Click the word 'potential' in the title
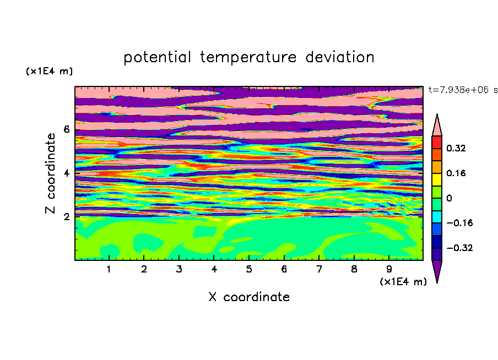[158, 57]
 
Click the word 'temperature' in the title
[248, 57]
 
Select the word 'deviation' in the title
[340, 57]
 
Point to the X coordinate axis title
[249, 297]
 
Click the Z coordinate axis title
[51, 173]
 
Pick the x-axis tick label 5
[249, 269]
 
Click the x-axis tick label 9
[389, 269]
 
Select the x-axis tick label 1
[109, 269]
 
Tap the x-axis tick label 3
[179, 269]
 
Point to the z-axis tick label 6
[66, 129]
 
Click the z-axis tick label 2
[66, 216]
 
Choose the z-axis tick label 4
[66, 173]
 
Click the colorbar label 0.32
[456, 148]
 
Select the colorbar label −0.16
[459, 223]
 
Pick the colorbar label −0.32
[459, 248]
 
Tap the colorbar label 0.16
[456, 173]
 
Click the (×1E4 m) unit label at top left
[49, 71]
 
